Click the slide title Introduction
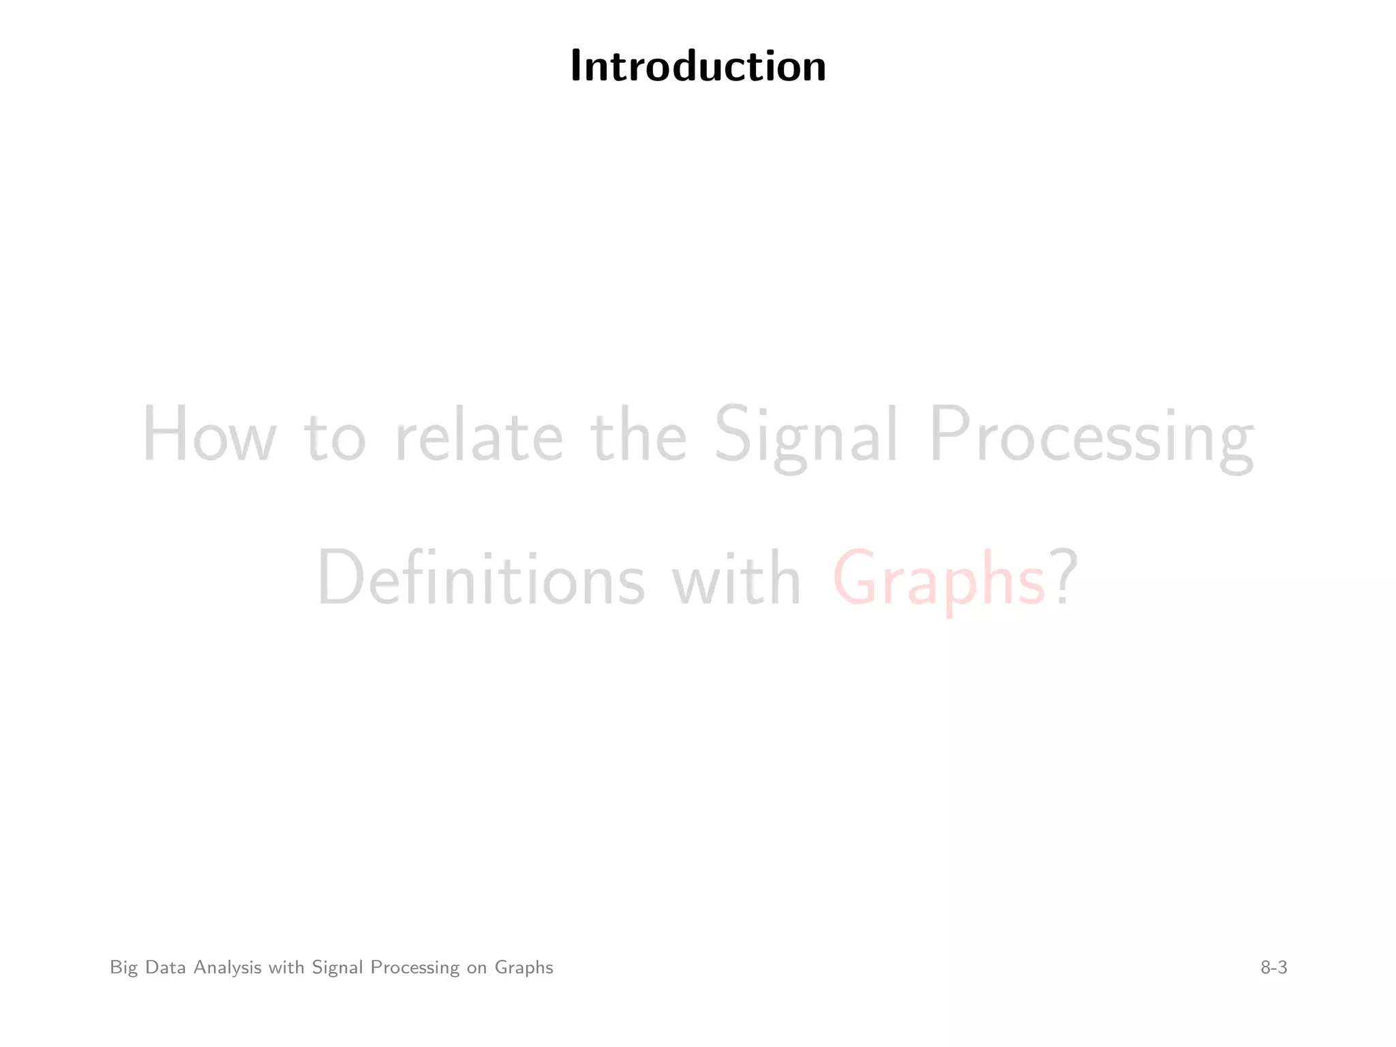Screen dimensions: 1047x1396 [x=698, y=67]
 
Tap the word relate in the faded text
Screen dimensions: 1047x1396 [x=479, y=435]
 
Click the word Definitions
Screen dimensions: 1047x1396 [x=481, y=578]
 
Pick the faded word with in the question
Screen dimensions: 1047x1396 [x=736, y=578]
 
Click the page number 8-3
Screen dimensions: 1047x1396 [x=1273, y=967]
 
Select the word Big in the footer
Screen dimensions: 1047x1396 [x=124, y=968]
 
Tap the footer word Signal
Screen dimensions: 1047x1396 [x=337, y=968]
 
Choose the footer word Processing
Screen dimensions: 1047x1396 [x=414, y=968]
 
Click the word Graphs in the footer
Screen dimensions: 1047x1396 [x=523, y=968]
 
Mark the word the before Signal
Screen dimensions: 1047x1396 [x=639, y=435]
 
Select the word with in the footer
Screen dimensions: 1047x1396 [x=286, y=967]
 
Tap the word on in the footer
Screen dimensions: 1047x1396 [x=476, y=968]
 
